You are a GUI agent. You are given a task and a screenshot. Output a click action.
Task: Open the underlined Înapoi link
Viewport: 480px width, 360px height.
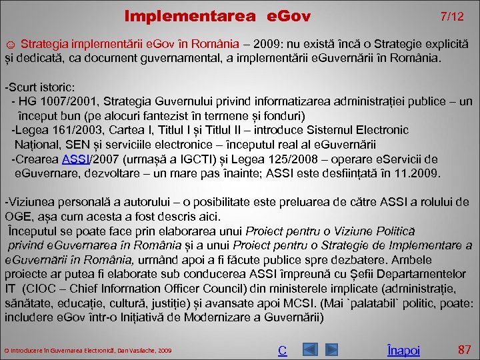click(x=403, y=350)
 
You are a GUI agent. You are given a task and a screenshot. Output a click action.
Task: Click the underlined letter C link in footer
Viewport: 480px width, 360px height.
click(x=283, y=350)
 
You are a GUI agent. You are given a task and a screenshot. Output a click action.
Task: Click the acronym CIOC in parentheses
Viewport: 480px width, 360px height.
click(x=43, y=289)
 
